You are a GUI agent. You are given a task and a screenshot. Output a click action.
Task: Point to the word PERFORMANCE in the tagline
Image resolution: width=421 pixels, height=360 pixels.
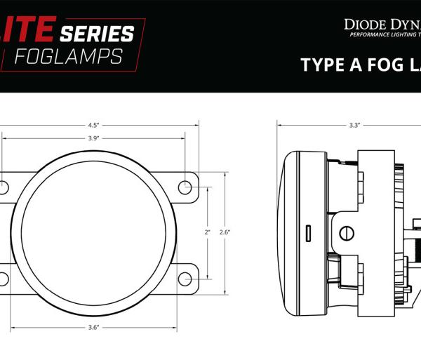pyautogui.click(x=369, y=35)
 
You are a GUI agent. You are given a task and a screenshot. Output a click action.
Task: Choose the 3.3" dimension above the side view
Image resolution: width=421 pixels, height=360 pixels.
pyautogui.click(x=354, y=126)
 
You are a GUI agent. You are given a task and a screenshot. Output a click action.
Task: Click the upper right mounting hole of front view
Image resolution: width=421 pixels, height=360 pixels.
pyautogui.click(x=185, y=187)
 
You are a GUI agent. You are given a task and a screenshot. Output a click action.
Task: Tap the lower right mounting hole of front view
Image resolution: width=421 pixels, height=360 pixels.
pyautogui.click(x=185, y=279)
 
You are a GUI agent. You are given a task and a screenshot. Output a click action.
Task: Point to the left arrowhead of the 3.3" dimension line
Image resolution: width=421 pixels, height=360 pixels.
pyautogui.click(x=280, y=126)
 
